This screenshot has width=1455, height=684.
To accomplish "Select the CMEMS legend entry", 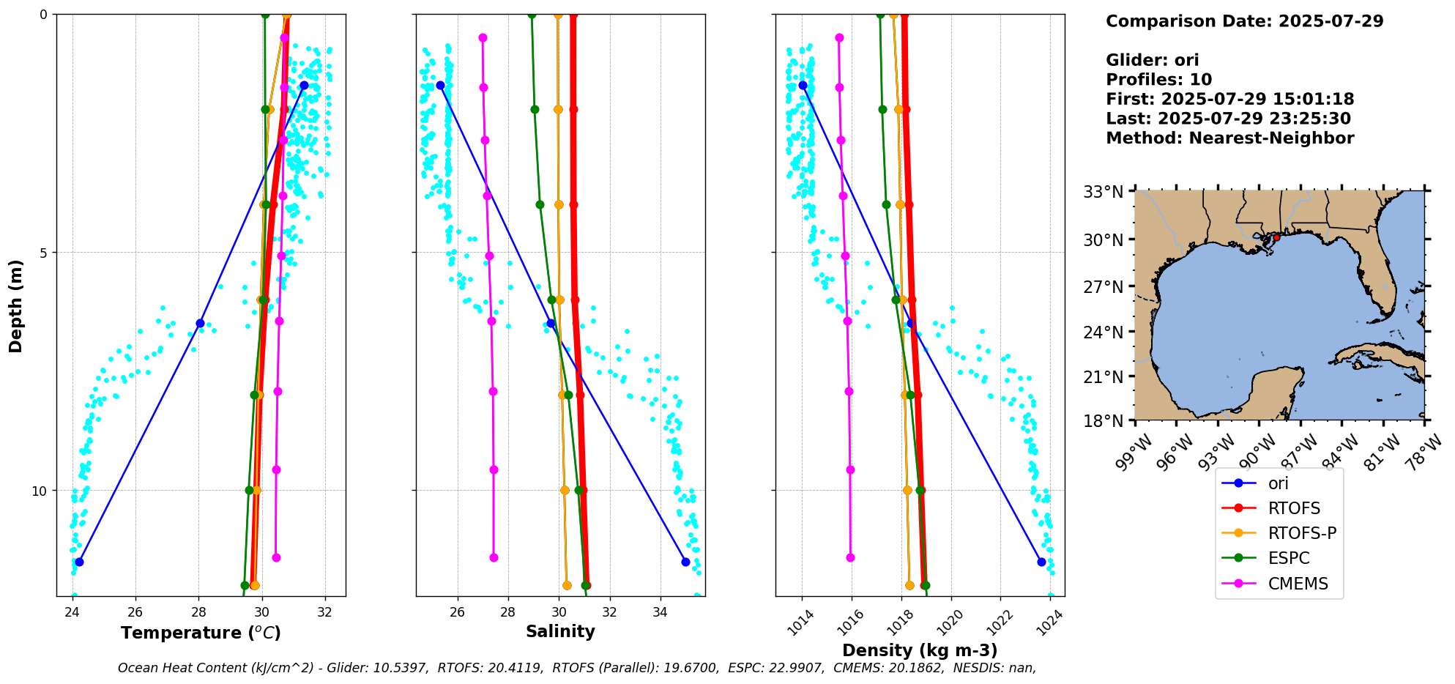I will (x=1298, y=584).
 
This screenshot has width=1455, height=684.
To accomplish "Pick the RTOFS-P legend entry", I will (x=1302, y=533).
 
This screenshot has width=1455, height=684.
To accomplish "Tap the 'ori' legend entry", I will (x=1278, y=483).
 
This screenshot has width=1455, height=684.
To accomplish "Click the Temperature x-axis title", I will (x=201, y=633).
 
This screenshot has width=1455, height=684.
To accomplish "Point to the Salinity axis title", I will (x=560, y=631).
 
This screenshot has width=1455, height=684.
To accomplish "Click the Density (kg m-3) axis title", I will (x=920, y=650).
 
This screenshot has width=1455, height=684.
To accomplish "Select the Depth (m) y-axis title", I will (x=16, y=305).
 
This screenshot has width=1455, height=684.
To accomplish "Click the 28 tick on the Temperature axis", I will (x=198, y=612).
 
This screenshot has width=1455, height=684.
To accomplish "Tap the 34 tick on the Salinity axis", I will (x=660, y=612).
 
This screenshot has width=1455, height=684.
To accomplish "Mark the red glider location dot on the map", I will (x=1276, y=237).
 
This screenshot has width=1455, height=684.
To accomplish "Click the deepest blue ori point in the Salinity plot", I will (x=685, y=562).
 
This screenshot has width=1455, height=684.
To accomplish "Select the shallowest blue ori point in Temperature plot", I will (x=304, y=86).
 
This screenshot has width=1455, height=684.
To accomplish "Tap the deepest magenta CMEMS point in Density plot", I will (x=850, y=557).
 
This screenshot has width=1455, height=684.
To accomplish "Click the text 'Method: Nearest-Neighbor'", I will (x=1229, y=138).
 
